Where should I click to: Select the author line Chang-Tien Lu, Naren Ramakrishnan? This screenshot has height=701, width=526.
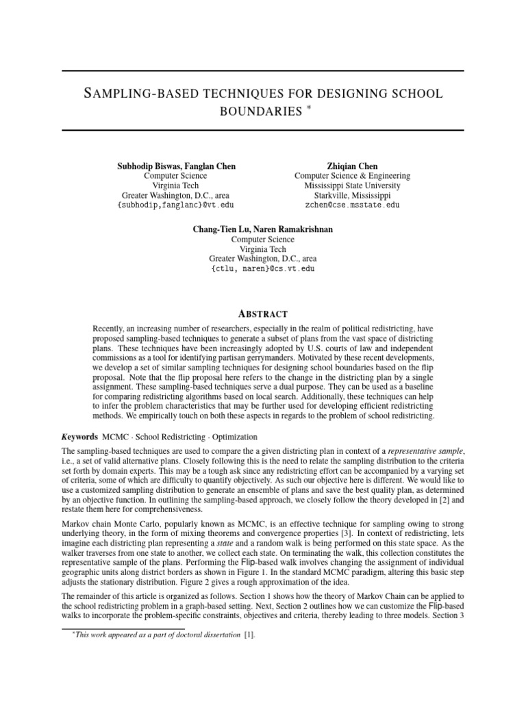click(263, 229)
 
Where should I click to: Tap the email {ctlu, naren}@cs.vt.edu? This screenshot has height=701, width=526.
click(263, 269)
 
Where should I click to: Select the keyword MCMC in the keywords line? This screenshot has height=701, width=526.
click(114, 436)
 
